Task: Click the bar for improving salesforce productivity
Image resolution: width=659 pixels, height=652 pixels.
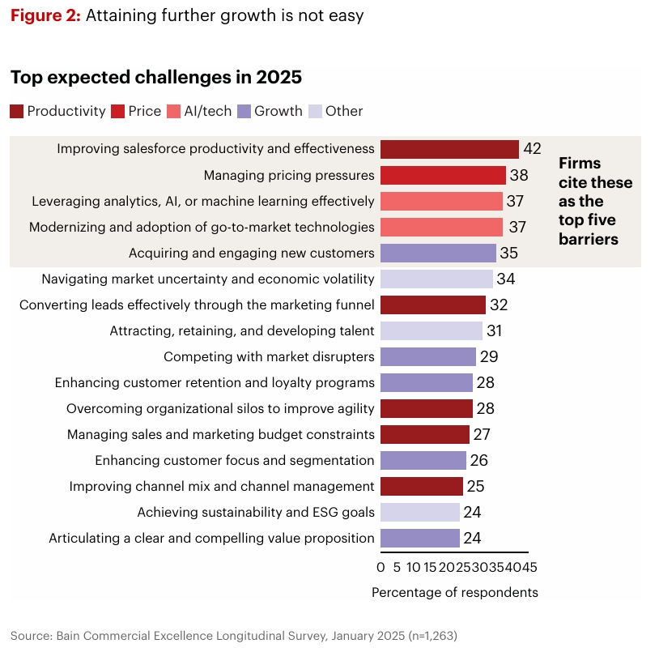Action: (x=449, y=149)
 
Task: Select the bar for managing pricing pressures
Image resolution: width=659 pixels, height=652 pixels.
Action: (x=443, y=175)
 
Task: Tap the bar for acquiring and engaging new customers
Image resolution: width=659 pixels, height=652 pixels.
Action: (x=438, y=253)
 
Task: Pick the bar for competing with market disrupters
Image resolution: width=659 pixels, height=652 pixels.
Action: (x=428, y=356)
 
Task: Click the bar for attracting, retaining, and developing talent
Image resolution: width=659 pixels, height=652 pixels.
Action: (x=432, y=330)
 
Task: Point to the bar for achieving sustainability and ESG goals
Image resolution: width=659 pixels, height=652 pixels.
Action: (x=420, y=512)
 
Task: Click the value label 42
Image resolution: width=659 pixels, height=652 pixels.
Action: (x=532, y=149)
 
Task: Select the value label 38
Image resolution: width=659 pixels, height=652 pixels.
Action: (x=519, y=175)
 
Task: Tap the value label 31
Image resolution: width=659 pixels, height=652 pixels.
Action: (x=495, y=330)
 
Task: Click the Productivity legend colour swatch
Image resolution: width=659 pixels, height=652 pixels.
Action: (x=17, y=112)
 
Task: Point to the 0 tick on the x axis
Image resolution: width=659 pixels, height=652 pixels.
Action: (x=381, y=567)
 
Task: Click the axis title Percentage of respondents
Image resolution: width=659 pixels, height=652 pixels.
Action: (x=455, y=592)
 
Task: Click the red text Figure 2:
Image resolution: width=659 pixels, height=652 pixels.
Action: (x=45, y=15)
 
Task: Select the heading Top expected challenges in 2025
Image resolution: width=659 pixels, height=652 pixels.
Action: (x=156, y=78)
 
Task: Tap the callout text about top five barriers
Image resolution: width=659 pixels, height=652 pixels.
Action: (x=595, y=201)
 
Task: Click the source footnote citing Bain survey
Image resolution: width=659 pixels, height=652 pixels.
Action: (x=240, y=635)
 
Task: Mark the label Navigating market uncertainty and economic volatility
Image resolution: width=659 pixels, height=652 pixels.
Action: (x=208, y=279)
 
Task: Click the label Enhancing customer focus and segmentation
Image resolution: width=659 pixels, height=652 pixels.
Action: (x=235, y=460)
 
